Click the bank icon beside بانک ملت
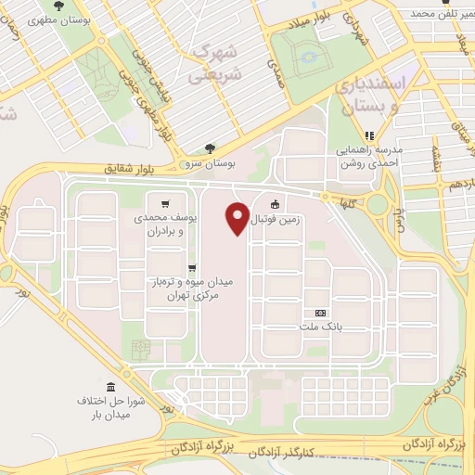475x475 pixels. point(320,313)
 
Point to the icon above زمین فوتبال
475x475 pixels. point(275,205)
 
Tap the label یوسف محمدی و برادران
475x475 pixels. point(174,223)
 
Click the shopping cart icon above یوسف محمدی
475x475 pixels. point(165,204)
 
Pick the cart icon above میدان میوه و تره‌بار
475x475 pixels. point(191,268)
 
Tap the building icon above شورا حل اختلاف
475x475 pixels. point(111,385)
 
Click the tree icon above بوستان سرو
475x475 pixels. point(210,147)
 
